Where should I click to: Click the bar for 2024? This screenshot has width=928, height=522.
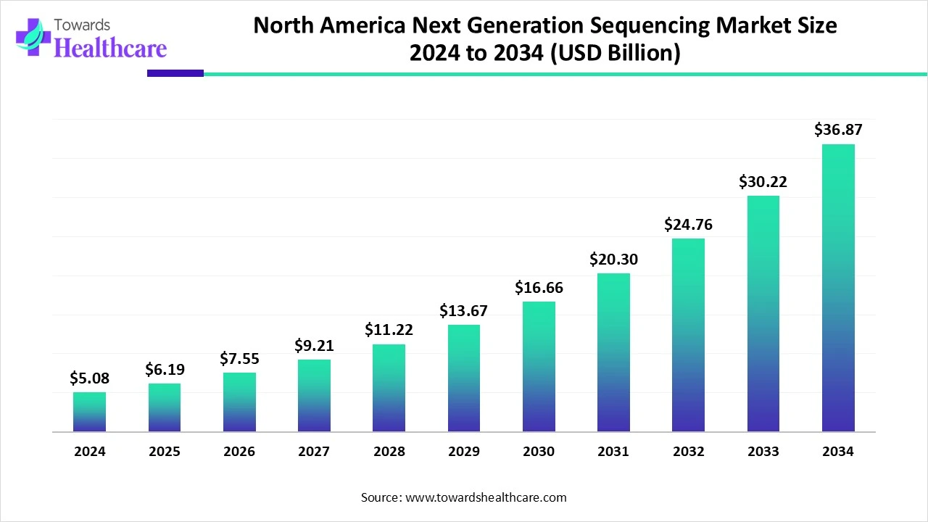pyautogui.click(x=89, y=412)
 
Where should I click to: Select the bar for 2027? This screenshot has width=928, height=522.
pyautogui.click(x=314, y=396)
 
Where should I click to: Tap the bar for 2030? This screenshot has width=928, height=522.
pyautogui.click(x=539, y=367)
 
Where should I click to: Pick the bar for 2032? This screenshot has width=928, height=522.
pyautogui.click(x=688, y=335)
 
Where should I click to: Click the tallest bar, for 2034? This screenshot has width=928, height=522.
pyautogui.click(x=838, y=288)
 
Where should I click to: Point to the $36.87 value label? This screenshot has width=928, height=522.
pyautogui.click(x=838, y=130)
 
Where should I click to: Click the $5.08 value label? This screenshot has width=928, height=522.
pyautogui.click(x=89, y=378)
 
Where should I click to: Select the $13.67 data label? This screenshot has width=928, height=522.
pyautogui.click(x=463, y=311)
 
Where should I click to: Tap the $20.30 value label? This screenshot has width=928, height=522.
pyautogui.click(x=613, y=259)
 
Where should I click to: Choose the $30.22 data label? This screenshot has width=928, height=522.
pyautogui.click(x=763, y=182)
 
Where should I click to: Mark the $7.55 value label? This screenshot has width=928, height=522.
pyautogui.click(x=239, y=358)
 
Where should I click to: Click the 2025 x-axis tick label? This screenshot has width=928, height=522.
pyautogui.click(x=165, y=452)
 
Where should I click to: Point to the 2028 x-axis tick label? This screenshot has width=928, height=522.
pyautogui.click(x=389, y=452)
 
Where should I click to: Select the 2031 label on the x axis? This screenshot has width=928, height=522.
pyautogui.click(x=613, y=452)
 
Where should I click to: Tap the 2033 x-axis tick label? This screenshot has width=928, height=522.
pyautogui.click(x=763, y=452)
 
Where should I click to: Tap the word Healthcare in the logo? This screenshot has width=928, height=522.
pyautogui.click(x=110, y=48)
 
